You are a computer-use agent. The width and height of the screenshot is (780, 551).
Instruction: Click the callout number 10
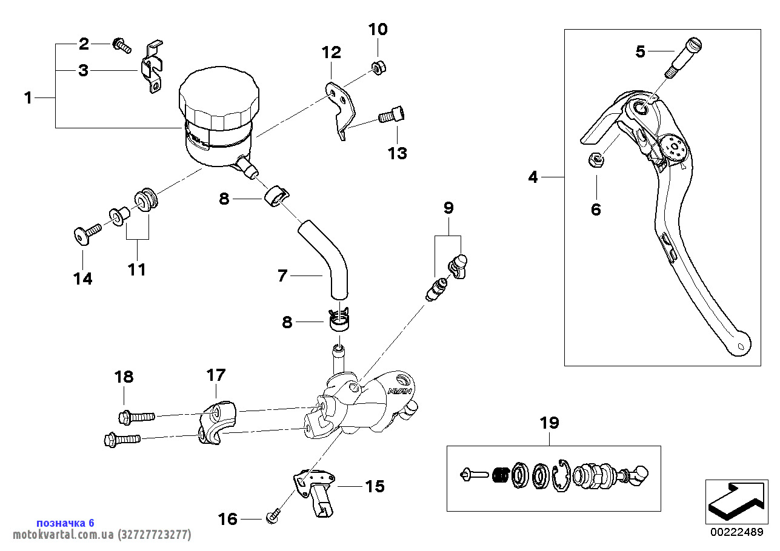pyautogui.click(x=378, y=29)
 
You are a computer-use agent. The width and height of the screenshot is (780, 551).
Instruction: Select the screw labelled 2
pyautogui.click(x=121, y=44)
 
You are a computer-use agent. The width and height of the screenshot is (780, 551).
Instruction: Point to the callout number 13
pyautogui.click(x=398, y=153)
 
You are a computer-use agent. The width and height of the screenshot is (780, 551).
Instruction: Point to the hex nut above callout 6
pyautogui.click(x=597, y=159)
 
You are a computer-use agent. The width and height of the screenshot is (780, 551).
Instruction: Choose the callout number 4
pyautogui.click(x=533, y=177)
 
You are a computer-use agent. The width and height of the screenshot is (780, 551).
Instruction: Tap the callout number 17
pyautogui.click(x=216, y=375)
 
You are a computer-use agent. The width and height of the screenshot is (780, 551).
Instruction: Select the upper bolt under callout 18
pyautogui.click(x=136, y=417)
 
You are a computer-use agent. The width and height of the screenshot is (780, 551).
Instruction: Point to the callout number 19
pyautogui.click(x=550, y=423)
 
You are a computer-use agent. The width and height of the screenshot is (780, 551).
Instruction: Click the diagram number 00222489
pyautogui.click(x=736, y=532)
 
